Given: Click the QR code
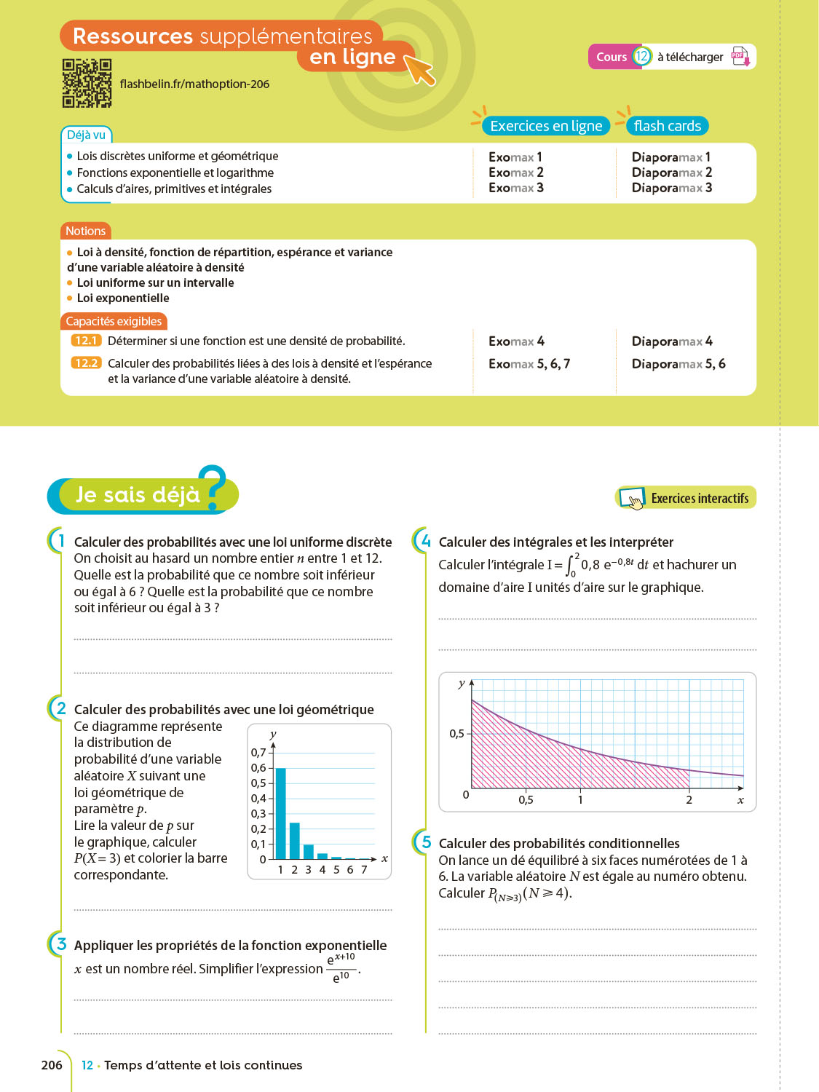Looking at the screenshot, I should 87,83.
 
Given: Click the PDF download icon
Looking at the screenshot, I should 740,57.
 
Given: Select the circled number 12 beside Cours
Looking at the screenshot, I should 641,57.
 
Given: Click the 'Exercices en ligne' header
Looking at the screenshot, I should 546,126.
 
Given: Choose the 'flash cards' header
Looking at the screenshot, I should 667,126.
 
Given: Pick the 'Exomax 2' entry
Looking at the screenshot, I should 516,173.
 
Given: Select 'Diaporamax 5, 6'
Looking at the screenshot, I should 678,364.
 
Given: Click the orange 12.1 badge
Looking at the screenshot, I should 86,341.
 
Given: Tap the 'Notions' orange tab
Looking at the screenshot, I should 86,231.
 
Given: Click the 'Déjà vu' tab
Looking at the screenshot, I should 86,135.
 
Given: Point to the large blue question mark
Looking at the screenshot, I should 213,486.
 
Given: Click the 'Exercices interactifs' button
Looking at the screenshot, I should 686,498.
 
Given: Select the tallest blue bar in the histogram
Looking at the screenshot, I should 281,813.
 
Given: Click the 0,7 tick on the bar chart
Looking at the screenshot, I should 258,753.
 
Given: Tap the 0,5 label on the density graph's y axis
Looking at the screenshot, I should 456,734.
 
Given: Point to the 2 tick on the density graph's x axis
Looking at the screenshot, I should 689,800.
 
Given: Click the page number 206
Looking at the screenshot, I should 52,1065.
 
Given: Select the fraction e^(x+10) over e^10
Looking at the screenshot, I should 341,968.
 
